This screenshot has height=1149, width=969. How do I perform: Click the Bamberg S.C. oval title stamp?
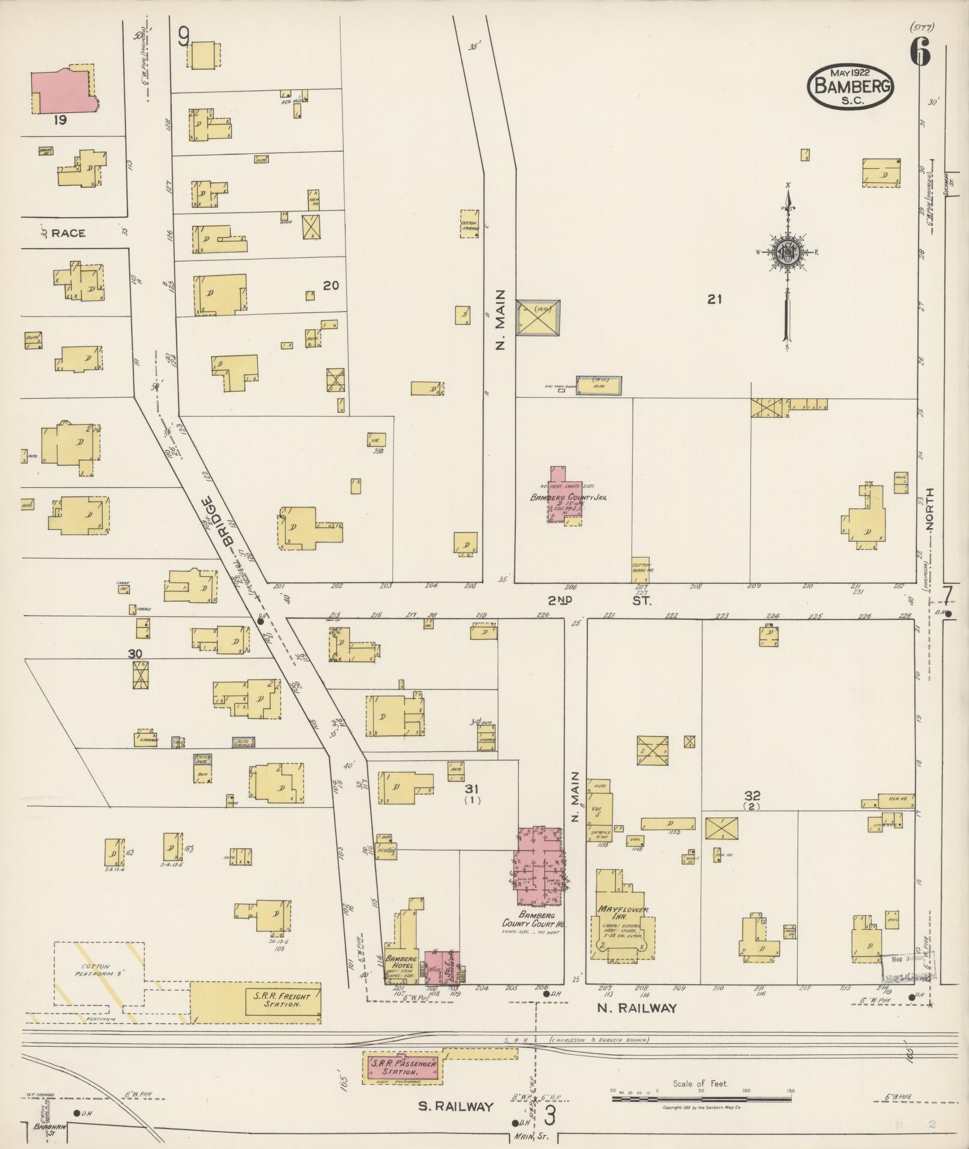tap(851, 86)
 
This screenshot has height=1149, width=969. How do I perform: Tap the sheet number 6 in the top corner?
tap(920, 52)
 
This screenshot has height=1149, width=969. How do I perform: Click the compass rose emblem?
tap(785, 253)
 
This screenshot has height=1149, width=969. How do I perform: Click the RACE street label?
tap(67, 233)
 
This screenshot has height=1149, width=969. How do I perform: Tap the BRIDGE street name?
tap(218, 521)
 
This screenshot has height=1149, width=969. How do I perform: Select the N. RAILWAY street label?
tap(637, 1008)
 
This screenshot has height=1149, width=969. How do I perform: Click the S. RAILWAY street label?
tap(456, 1106)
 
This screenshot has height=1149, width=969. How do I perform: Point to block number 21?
tap(714, 299)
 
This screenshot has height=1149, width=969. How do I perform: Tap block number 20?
tap(330, 286)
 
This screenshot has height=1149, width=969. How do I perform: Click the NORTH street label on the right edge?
tap(930, 508)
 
